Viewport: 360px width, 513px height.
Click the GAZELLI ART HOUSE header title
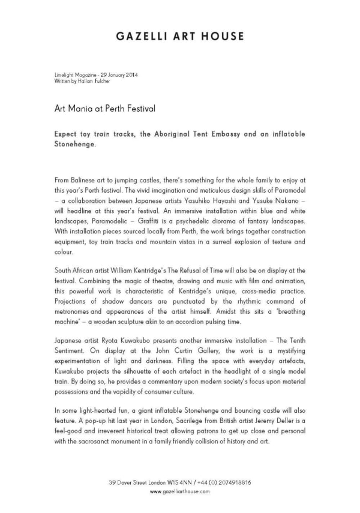[x=180, y=36]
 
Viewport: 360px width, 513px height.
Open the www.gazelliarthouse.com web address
[x=180, y=491]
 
